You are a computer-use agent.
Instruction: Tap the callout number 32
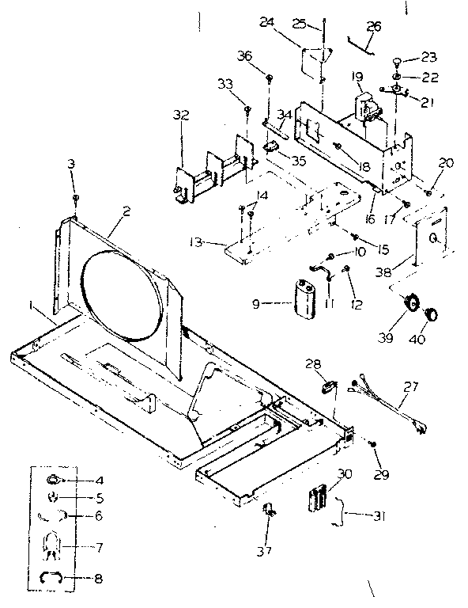tap(181, 116)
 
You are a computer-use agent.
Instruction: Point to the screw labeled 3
tap(75, 198)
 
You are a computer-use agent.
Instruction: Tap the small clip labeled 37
tap(268, 511)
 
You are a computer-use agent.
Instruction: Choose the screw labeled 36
tap(270, 78)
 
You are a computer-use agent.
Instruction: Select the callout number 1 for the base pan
tap(31, 305)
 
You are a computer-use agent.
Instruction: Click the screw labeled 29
tap(372, 446)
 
